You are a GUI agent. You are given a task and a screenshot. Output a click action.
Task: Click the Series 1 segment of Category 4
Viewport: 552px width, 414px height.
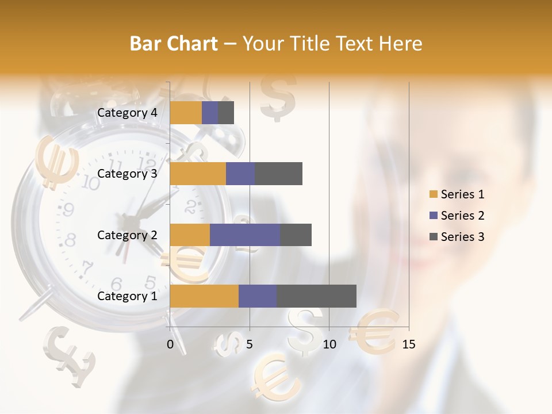click(186, 113)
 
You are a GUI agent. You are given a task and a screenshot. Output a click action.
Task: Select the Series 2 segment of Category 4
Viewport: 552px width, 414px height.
click(210, 113)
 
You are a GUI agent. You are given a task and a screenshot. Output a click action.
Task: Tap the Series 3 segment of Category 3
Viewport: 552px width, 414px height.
click(278, 174)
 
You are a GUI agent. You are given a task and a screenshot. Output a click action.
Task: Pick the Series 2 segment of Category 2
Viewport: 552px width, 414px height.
click(245, 235)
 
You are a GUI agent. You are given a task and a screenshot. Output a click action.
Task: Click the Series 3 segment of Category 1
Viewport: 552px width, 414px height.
click(316, 296)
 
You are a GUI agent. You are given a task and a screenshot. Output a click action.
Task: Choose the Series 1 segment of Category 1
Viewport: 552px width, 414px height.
click(204, 296)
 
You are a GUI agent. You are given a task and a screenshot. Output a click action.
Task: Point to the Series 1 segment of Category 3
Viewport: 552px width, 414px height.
click(198, 174)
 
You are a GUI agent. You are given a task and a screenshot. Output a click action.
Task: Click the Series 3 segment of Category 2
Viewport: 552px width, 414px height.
click(296, 235)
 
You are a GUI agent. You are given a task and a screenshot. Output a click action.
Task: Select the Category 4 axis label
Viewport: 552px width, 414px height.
click(127, 113)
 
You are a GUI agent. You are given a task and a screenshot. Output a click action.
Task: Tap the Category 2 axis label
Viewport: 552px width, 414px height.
click(127, 235)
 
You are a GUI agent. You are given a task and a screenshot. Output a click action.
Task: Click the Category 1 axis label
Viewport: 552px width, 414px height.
click(127, 296)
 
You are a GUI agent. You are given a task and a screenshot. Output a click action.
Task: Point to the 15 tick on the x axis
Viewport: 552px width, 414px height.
click(408, 344)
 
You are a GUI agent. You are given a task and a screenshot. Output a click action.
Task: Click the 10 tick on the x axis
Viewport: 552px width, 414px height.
click(329, 344)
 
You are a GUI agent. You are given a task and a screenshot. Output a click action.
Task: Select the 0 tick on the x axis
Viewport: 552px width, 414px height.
click(170, 344)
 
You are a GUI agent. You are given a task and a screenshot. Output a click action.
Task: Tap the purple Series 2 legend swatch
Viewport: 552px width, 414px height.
click(434, 216)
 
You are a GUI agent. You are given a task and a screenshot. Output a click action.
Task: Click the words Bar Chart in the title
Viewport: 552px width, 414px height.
click(174, 44)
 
